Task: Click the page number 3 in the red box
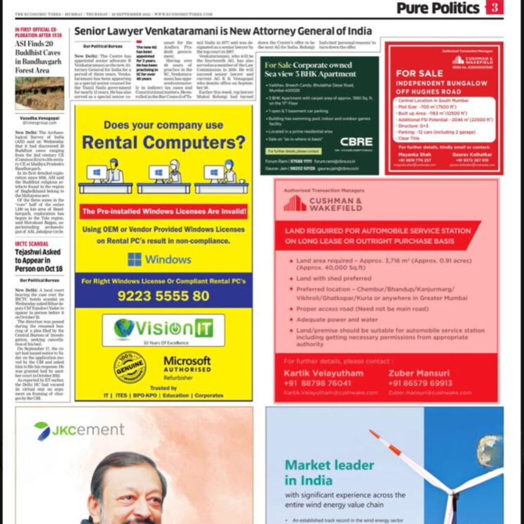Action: [x=494, y=8]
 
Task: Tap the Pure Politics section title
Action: [x=438, y=8]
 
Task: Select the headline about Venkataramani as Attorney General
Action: [x=223, y=31]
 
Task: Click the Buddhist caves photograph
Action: [x=39, y=94]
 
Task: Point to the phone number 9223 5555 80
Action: [x=163, y=296]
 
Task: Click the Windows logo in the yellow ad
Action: [x=135, y=259]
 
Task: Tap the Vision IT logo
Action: [x=163, y=329]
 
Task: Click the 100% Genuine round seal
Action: [x=129, y=367]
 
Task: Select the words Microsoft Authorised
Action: [x=187, y=364]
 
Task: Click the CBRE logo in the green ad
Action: [x=356, y=142]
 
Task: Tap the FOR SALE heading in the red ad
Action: [x=419, y=73]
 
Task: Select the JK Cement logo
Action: [x=72, y=430]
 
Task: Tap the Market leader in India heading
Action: [x=329, y=472]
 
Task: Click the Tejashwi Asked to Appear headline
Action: [x=38, y=260]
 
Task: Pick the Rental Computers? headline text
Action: [x=163, y=142]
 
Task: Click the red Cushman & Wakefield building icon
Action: [x=295, y=203]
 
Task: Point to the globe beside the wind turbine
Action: [x=489, y=451]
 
